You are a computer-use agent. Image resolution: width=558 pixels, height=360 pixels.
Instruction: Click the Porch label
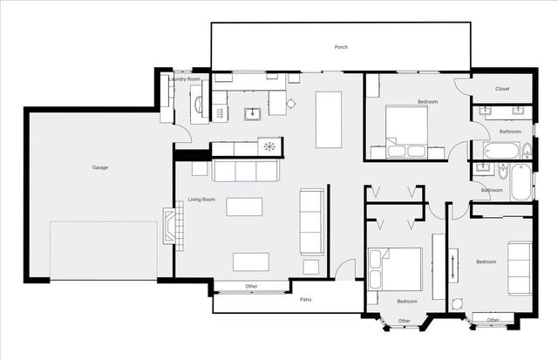pos(341,46)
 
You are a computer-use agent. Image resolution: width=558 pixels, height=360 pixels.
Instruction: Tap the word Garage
pos(100,166)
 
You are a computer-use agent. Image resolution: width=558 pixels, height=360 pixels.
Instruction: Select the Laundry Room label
pos(185,79)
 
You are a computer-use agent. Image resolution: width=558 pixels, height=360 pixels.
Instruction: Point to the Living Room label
pos(201,200)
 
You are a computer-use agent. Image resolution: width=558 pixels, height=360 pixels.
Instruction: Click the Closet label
pos(502,89)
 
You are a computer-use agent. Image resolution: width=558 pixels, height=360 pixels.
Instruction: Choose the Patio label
pos(306,299)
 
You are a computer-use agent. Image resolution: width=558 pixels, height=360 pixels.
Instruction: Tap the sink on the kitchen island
pos(252,112)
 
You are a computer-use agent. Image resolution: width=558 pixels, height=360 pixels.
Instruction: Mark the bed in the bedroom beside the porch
pos(402,129)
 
